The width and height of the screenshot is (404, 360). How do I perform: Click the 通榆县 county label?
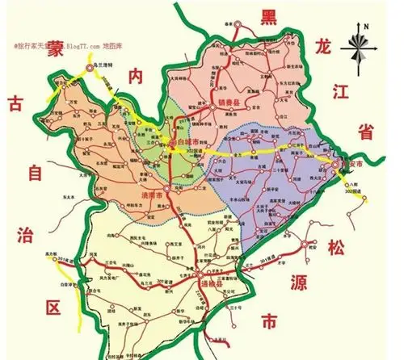[x=212, y=286]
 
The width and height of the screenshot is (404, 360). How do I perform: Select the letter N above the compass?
[x=365, y=26]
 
